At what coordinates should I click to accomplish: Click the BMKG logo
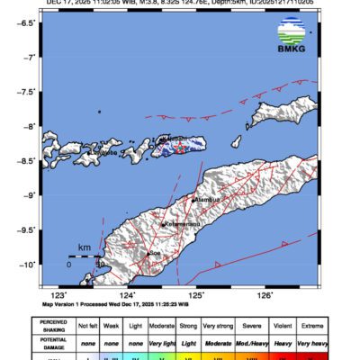292,40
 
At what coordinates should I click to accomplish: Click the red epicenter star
178,146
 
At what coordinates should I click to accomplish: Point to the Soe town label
156,254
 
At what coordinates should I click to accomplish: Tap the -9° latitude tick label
31,194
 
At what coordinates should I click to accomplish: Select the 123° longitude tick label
59,294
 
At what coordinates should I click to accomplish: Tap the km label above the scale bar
84,247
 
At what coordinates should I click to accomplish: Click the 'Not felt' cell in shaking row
88,326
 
